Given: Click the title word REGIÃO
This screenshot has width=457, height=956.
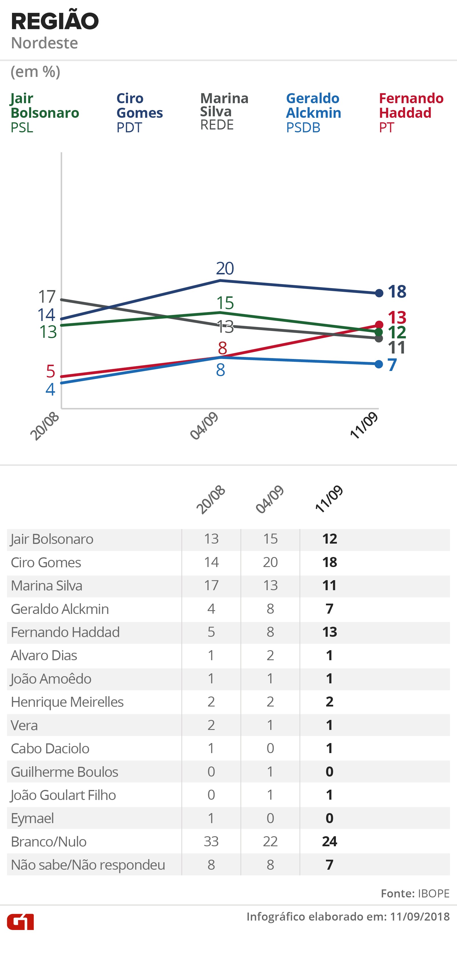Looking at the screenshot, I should coord(55,21).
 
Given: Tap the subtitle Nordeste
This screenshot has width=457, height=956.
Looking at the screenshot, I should coord(45,43).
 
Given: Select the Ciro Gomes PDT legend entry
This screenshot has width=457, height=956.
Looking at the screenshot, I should coord(139,112).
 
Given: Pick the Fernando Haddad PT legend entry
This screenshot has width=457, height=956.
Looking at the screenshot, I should coord(411,112).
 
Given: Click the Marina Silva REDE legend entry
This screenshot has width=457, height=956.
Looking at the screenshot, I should coord(224,111).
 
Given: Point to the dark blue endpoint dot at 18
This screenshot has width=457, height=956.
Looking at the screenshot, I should coord(379,293).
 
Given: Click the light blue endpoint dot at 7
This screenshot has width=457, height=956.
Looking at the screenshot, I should coord(379,364).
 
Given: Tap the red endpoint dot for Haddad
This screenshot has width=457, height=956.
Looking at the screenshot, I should coord(379,325).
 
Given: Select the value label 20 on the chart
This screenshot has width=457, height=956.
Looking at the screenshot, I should coord(225,268).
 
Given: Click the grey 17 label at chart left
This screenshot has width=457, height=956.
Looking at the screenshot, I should coord(47,297).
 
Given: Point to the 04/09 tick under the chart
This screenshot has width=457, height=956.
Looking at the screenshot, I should coord(204,426).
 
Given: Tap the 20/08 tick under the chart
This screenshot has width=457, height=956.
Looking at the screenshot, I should coord(45,426).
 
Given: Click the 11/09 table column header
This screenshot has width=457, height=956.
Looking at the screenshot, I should coord(329,499).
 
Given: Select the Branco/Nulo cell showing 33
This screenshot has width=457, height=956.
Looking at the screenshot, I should coord(211,841).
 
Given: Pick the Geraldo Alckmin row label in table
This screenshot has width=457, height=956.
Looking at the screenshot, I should coord(60,609).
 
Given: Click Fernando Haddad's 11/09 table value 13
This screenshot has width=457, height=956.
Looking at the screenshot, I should coord(329,632).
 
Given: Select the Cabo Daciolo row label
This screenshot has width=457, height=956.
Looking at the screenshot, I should coord(50,749).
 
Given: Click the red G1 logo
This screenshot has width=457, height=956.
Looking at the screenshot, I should coord(20,922).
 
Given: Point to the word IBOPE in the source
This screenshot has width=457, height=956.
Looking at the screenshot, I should coord(434,893).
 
